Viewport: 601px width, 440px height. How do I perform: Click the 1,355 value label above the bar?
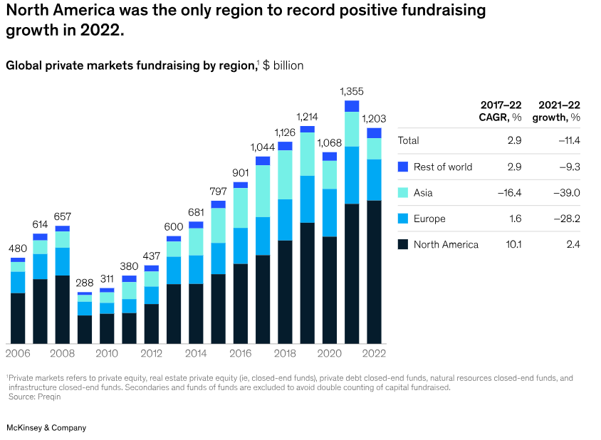(x=352, y=91)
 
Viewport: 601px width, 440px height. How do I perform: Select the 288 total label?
(x=85, y=283)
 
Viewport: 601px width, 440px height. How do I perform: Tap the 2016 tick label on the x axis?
(x=241, y=353)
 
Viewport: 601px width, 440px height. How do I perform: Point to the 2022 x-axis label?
(x=374, y=353)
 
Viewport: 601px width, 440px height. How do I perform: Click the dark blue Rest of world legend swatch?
(x=403, y=167)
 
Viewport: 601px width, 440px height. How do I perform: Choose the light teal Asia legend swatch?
(x=403, y=193)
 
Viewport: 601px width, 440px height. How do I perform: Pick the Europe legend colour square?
(x=403, y=219)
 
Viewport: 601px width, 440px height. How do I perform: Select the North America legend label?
(x=446, y=245)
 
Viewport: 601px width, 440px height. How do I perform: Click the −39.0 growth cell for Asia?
(x=568, y=193)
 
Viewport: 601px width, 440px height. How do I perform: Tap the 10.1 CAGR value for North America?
(x=513, y=245)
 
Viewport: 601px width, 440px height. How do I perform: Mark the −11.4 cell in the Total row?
(x=568, y=140)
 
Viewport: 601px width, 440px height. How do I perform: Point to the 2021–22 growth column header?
(x=559, y=111)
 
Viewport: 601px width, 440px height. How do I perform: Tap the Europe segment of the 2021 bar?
(x=352, y=175)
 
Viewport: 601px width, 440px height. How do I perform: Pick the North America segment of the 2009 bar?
(x=85, y=330)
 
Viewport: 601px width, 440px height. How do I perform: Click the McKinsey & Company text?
(x=46, y=428)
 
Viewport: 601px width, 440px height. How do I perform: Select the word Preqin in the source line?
(x=49, y=397)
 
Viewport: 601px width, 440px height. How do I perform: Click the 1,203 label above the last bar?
(x=374, y=119)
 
